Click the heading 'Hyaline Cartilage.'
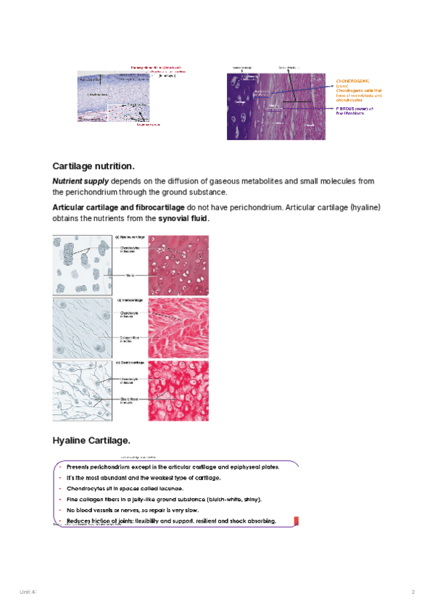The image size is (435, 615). [x=91, y=440]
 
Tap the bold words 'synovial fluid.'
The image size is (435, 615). [x=184, y=218]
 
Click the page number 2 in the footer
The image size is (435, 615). [x=413, y=593]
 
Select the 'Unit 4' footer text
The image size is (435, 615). [x=28, y=593]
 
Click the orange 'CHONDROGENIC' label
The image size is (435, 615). [x=354, y=81]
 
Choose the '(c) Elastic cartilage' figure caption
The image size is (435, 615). [x=131, y=362]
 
